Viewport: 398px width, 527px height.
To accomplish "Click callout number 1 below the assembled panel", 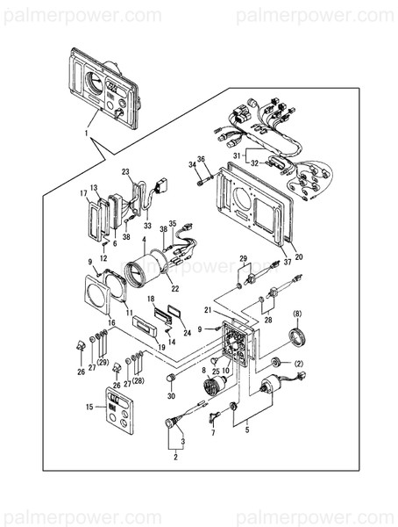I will tap(86, 134).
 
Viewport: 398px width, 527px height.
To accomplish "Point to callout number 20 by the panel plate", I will tap(298, 257).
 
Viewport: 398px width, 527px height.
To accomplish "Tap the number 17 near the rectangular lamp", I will tap(84, 193).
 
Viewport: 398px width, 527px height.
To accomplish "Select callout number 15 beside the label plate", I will tap(89, 407).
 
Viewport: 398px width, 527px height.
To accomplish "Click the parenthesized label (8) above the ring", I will tap(297, 314).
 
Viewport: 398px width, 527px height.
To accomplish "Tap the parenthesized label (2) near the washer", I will tap(298, 364).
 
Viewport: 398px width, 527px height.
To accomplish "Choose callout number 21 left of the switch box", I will tap(208, 311).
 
